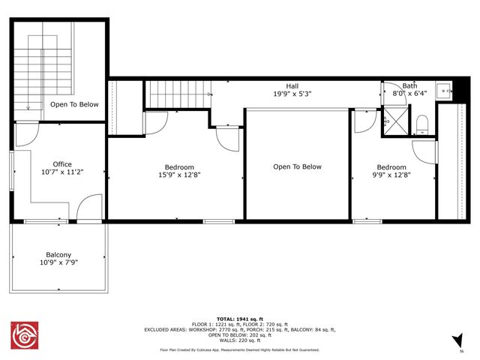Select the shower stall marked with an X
394,121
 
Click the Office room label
62,164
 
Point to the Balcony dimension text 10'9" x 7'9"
58,263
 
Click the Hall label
292,86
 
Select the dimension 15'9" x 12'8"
179,176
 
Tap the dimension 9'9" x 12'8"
391,176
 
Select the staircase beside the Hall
178,94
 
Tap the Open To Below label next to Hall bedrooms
297,166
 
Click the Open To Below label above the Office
74,104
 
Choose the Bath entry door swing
391,92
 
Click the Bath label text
409,86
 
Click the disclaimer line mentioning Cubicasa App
239,349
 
